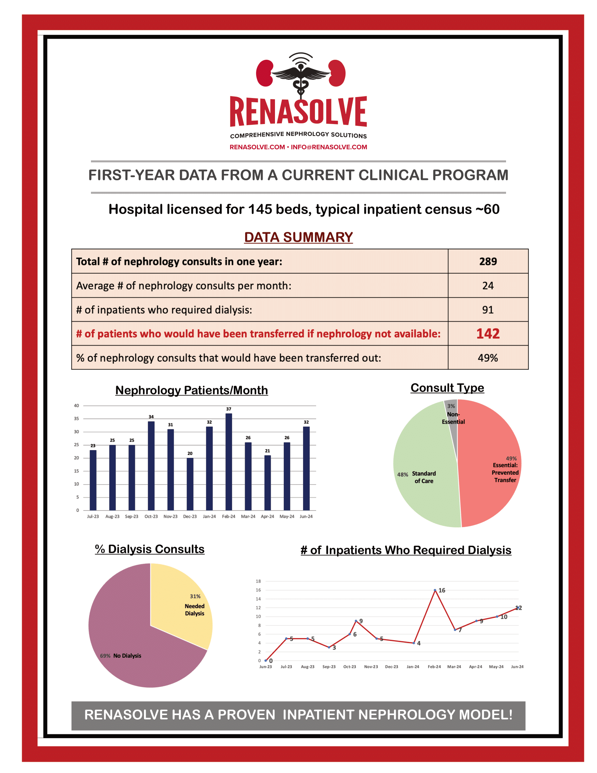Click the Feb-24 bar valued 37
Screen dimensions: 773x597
(229, 462)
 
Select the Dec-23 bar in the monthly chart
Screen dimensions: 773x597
(190, 484)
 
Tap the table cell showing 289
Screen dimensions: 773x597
(488, 261)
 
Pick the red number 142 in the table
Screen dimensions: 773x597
(488, 334)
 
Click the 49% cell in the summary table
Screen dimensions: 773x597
(488, 358)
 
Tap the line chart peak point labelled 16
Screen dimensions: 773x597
(435, 590)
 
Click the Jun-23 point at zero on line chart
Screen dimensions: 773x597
(265, 661)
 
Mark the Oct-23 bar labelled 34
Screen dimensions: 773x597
(151, 466)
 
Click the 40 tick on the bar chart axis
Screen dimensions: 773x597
(77, 405)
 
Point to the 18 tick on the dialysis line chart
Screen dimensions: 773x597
(258, 581)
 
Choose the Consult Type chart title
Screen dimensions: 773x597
(447, 388)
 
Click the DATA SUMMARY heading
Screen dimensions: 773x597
(298, 237)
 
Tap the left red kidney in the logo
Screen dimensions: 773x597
(264, 73)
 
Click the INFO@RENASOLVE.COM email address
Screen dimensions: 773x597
(329, 147)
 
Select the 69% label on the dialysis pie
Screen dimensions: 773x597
(105, 656)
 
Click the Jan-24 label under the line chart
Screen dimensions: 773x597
(413, 667)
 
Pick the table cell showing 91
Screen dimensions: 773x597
(488, 310)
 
